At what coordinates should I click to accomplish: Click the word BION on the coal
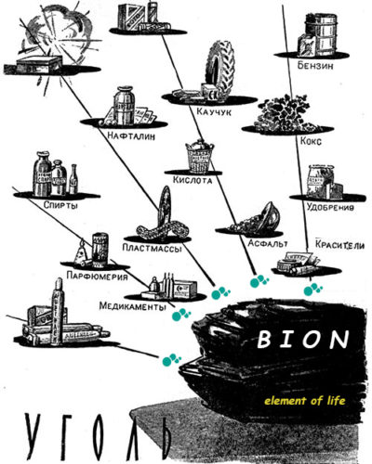(x=303, y=340)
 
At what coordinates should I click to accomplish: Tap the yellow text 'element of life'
(x=305, y=401)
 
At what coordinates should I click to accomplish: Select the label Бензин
(x=315, y=66)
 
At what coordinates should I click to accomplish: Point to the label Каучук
(x=214, y=111)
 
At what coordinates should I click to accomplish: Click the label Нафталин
(x=131, y=135)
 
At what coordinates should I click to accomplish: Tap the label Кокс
(x=311, y=141)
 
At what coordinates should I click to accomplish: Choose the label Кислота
(x=193, y=180)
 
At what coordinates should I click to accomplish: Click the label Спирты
(x=60, y=205)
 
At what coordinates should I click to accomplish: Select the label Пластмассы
(x=152, y=248)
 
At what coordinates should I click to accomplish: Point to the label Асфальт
(x=268, y=243)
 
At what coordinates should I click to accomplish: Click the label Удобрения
(x=330, y=207)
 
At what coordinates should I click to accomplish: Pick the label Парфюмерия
(x=97, y=276)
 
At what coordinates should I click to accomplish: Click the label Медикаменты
(x=132, y=306)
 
